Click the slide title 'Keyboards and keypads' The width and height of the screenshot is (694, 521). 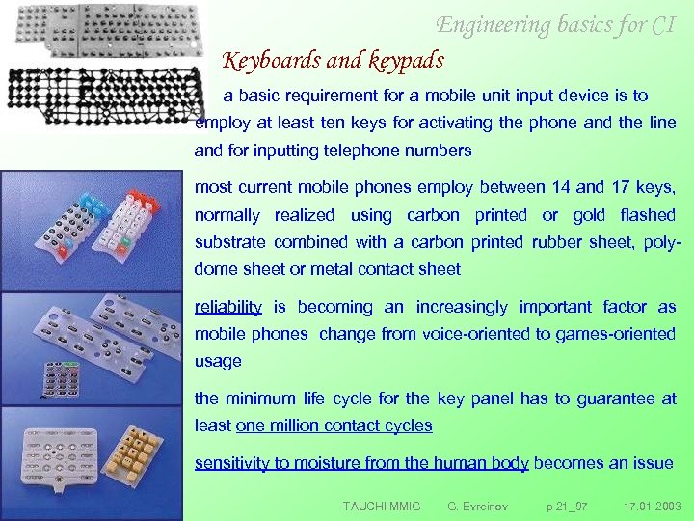[x=334, y=61]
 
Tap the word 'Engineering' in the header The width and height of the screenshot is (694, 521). [x=494, y=24]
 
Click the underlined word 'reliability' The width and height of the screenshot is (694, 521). [x=228, y=307]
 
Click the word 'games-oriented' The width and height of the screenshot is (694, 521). [x=612, y=334]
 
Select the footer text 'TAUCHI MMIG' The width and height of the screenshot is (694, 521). [x=382, y=506]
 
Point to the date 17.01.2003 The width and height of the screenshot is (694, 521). [x=652, y=506]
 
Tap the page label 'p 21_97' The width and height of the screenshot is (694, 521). [x=567, y=506]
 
